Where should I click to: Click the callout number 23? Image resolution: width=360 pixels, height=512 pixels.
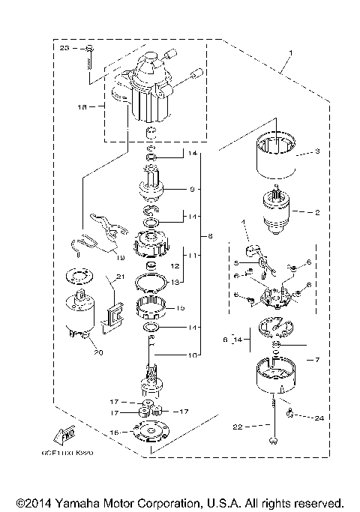(64, 47)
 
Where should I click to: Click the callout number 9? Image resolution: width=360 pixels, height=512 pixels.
(192, 189)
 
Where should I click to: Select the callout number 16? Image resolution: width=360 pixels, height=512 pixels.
(115, 433)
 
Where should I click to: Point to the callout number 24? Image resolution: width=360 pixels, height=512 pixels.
(319, 417)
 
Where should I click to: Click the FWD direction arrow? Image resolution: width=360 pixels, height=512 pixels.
(64, 434)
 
